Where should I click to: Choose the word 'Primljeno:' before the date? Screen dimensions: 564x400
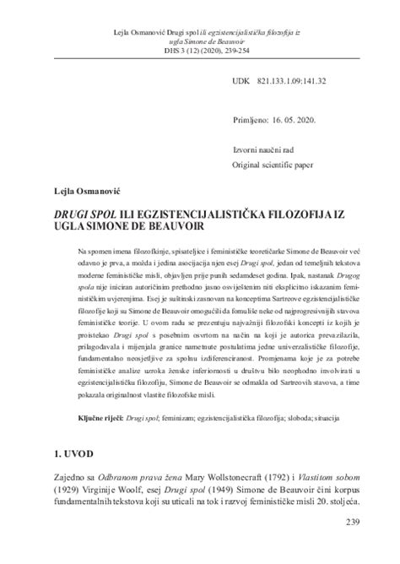[253, 122]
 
